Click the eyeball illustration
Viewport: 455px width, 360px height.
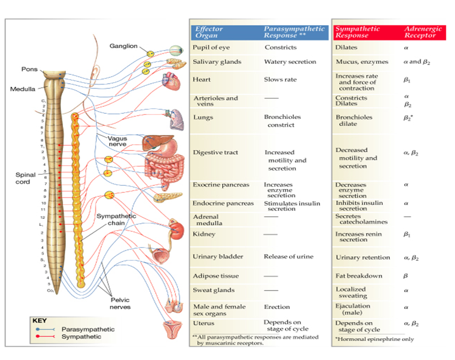176,51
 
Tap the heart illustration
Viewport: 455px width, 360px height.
171,82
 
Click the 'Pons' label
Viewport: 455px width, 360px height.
29,69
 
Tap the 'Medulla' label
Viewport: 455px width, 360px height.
23,89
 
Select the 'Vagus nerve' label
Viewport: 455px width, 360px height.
117,141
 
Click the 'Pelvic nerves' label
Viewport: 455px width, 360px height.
120,304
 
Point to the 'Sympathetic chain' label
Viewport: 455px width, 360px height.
116,219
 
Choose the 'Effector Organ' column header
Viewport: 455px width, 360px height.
209,32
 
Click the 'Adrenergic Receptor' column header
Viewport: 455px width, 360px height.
423,32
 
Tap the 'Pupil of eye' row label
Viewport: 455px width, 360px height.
211,47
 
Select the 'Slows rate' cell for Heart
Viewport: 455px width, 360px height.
280,79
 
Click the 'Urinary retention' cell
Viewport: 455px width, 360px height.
363,257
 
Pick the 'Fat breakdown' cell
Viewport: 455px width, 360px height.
359,276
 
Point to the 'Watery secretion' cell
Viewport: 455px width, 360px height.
290,62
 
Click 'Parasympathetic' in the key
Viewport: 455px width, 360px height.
88,329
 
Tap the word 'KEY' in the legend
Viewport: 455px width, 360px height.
39,321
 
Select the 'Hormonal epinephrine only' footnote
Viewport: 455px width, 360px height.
374,339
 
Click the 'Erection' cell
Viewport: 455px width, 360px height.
277,307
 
